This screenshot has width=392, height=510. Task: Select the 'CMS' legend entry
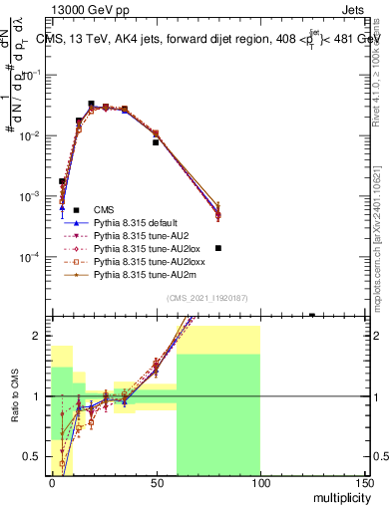[104, 209]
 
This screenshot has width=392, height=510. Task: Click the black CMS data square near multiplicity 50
[156, 142]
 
